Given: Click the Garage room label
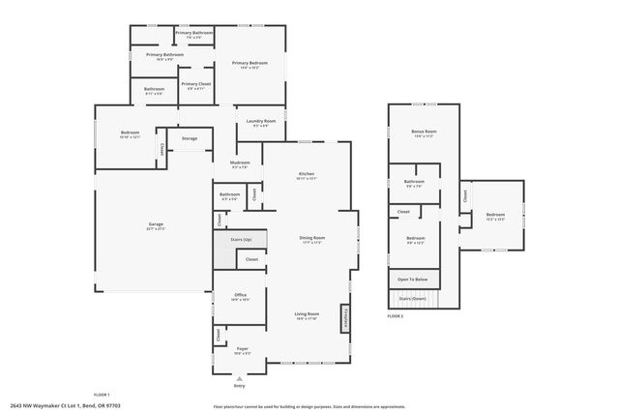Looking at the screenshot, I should (155, 227).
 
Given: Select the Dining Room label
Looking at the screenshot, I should (310, 239).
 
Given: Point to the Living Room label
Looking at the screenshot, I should (307, 315).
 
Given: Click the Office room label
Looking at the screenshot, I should (240, 297).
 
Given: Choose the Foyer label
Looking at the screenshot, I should (242, 351).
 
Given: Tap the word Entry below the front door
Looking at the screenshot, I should (239, 386).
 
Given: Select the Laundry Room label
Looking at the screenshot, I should (261, 123).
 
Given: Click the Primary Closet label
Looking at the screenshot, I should (196, 86).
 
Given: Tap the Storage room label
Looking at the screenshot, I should (190, 138).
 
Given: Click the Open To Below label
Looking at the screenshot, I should (411, 280).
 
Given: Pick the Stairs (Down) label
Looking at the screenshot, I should (412, 299).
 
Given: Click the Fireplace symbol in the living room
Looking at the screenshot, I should (342, 317).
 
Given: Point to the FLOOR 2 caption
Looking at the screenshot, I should (396, 316).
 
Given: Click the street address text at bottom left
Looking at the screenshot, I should (57, 405).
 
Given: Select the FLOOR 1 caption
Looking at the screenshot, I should (102, 395).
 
